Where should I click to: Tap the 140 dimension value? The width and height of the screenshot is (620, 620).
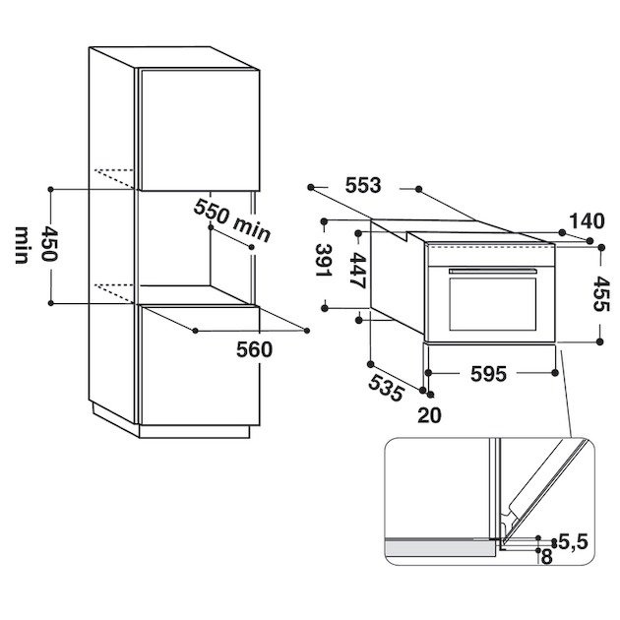[588, 220]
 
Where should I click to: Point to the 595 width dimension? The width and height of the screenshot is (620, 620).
[487, 375]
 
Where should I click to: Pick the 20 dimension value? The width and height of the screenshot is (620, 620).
[430, 414]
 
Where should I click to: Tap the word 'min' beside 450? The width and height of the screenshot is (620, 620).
[22, 243]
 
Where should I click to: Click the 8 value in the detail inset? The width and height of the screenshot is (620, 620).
[545, 556]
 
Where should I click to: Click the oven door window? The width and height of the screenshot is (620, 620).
[489, 301]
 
